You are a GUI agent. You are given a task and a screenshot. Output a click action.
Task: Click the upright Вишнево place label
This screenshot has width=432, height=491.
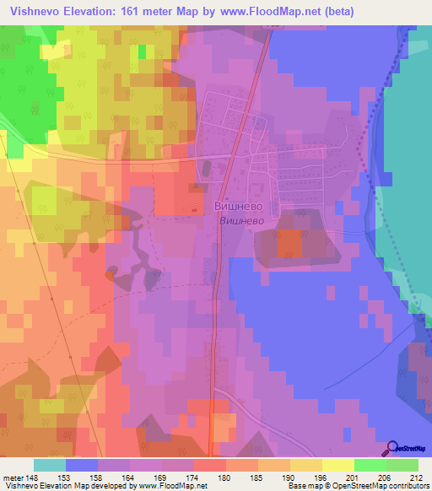click(x=237, y=205)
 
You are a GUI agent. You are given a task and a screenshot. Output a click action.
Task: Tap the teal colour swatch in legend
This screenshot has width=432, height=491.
click(x=50, y=465)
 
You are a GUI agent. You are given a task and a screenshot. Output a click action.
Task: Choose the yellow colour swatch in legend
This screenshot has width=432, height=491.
click(x=337, y=465)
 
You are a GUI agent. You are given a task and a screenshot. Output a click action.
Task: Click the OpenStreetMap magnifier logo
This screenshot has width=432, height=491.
click(x=392, y=448)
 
